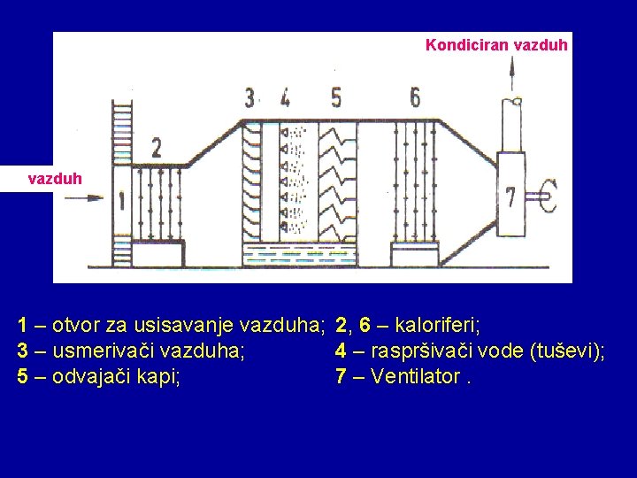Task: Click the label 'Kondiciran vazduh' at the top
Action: click(x=496, y=44)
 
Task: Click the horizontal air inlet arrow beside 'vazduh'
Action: click(x=84, y=198)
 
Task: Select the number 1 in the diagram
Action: click(x=121, y=200)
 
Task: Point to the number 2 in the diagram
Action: click(x=156, y=147)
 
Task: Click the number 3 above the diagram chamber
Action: click(x=251, y=96)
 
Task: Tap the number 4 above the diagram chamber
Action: click(x=284, y=96)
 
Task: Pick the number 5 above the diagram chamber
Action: click(x=335, y=96)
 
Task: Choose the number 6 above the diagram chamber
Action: click(x=415, y=96)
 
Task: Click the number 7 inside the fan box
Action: click(x=510, y=197)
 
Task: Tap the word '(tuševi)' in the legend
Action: click(x=567, y=351)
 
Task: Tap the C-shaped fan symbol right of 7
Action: click(x=548, y=196)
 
